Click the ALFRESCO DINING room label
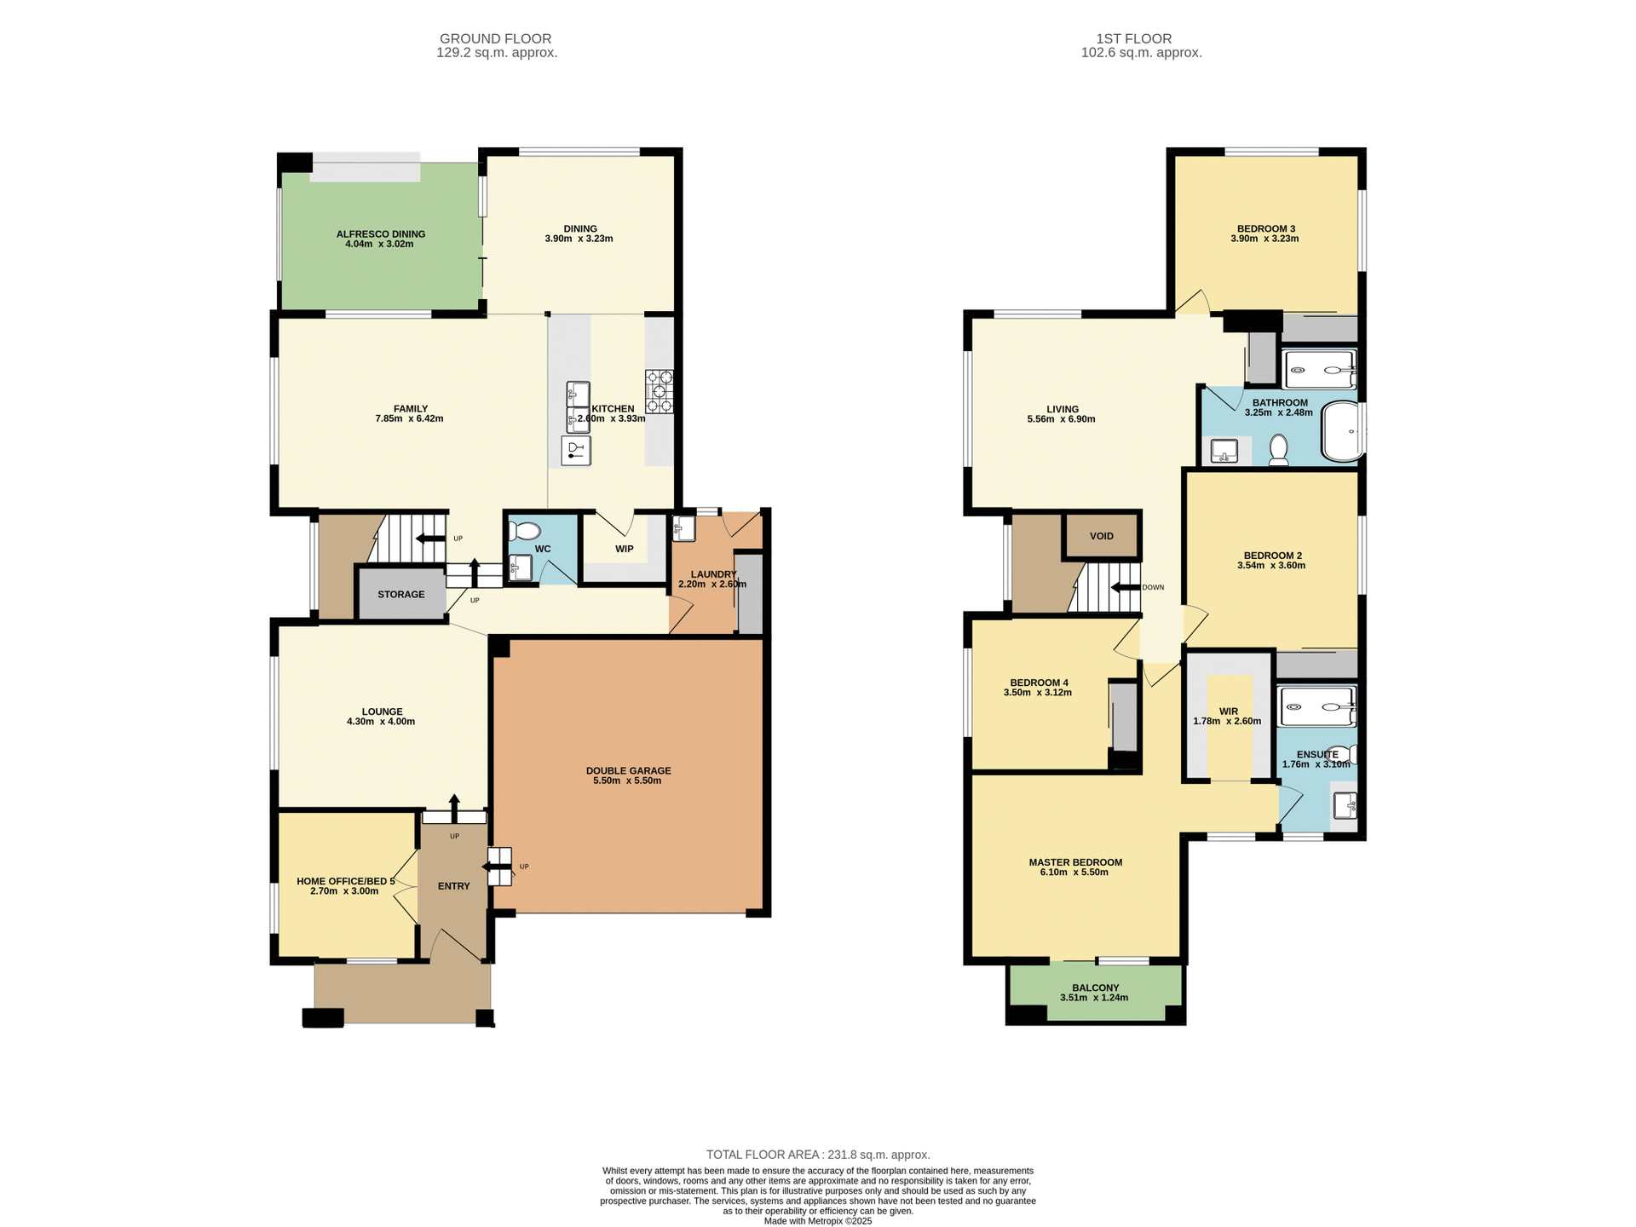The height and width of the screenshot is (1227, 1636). pyautogui.click(x=380, y=233)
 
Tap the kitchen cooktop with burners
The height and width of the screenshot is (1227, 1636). pyautogui.click(x=659, y=391)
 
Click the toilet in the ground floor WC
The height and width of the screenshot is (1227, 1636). pyautogui.click(x=524, y=532)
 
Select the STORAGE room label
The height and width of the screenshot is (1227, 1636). pyautogui.click(x=400, y=595)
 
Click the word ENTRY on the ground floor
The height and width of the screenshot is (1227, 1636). pyautogui.click(x=453, y=886)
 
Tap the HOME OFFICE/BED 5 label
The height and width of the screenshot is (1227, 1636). pyautogui.click(x=345, y=881)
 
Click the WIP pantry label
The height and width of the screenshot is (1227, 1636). pyautogui.click(x=624, y=549)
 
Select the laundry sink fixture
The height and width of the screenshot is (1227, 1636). pyautogui.click(x=683, y=528)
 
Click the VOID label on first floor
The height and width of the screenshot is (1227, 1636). pyautogui.click(x=1101, y=536)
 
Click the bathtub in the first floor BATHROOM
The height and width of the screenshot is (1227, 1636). pyautogui.click(x=1343, y=431)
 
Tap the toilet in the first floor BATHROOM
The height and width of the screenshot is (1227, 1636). pyautogui.click(x=1278, y=450)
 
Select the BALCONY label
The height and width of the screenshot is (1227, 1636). pyautogui.click(x=1095, y=988)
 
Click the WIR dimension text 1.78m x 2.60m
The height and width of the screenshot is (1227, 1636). pyautogui.click(x=1226, y=721)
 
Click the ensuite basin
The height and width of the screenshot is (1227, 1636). pyautogui.click(x=1345, y=804)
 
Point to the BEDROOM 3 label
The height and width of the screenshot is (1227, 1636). pyautogui.click(x=1265, y=228)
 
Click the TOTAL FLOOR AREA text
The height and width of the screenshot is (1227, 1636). pyautogui.click(x=817, y=1155)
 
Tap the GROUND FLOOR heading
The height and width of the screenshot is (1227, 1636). pyautogui.click(x=495, y=38)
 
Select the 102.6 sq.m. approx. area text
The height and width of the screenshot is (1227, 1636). pyautogui.click(x=1141, y=53)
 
